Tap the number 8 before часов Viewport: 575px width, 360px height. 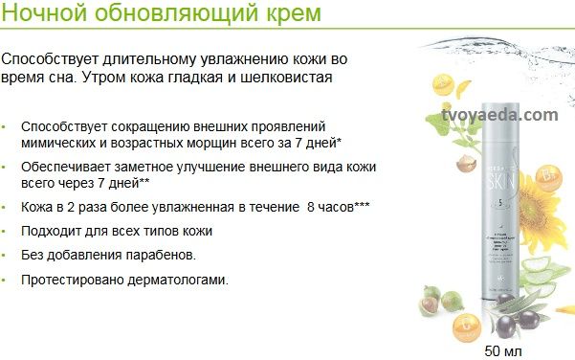tap(311, 207)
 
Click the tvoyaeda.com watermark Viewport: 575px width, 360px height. tap(500, 114)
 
